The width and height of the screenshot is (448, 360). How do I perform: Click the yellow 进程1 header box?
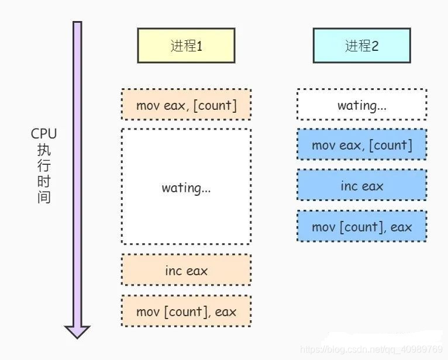[x=186, y=46]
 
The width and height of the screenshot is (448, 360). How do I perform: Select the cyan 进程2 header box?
[x=361, y=46]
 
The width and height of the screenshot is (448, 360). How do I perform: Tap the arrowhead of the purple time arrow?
[x=77, y=331]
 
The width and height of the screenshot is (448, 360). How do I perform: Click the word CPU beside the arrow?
[x=44, y=134]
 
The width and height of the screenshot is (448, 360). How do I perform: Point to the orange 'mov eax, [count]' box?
[x=186, y=105]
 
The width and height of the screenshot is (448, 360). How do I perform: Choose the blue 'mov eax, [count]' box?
[x=361, y=145]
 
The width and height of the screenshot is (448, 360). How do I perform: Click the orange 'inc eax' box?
[x=186, y=271]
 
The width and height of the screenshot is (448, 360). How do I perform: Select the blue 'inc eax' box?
[x=361, y=186]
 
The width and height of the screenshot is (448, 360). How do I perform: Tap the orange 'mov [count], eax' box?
[x=186, y=311]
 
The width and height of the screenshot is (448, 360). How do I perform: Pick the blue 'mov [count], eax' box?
[x=361, y=227]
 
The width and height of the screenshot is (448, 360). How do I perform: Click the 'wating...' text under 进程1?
[x=186, y=188]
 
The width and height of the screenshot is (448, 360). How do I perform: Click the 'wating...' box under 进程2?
[x=361, y=105]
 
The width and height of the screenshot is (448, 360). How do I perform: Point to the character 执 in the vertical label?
[x=44, y=150]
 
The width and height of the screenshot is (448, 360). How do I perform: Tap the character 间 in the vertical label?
[x=44, y=197]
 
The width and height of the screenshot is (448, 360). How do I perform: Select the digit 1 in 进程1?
[x=199, y=46]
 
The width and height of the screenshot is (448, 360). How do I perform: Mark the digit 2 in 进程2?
[x=375, y=46]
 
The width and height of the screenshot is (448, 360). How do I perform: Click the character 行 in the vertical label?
[x=44, y=166]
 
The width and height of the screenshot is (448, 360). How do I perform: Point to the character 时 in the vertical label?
[x=44, y=182]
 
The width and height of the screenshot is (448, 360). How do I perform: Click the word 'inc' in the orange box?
[x=174, y=271]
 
